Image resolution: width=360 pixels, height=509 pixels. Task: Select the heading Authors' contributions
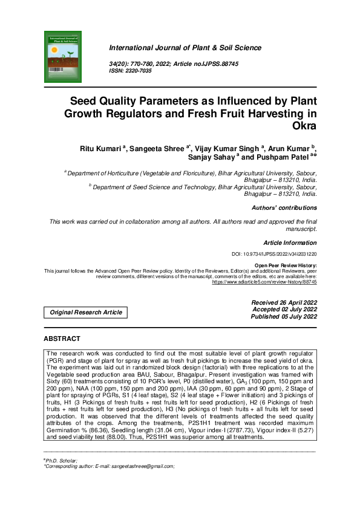point(284,208)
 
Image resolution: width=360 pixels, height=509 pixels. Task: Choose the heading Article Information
point(290,242)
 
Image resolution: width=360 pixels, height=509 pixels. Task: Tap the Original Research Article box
point(85,313)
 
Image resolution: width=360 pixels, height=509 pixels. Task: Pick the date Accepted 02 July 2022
point(284,309)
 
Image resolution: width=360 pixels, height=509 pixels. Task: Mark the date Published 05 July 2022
point(284,316)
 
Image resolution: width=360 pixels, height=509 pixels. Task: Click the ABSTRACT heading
point(62,339)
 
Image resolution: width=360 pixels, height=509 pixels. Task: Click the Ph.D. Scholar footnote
point(61,461)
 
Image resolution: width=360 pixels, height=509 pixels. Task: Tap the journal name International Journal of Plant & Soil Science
point(185,48)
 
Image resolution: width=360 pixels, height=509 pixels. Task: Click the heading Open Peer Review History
point(286,265)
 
